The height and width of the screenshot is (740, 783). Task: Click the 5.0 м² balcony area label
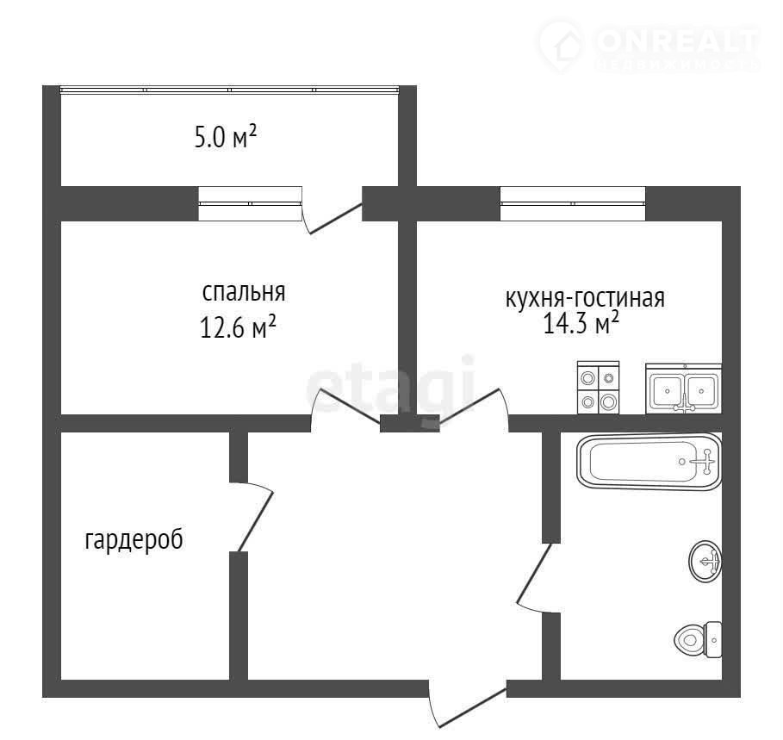click(x=225, y=136)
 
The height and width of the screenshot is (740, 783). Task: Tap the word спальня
click(x=244, y=293)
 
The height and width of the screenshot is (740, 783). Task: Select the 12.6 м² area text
click(x=239, y=327)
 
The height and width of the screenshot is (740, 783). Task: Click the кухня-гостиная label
click(x=585, y=298)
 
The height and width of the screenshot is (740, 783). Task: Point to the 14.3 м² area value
click(x=581, y=322)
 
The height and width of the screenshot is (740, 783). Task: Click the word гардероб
click(x=134, y=540)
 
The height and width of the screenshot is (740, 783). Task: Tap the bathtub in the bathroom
click(x=649, y=462)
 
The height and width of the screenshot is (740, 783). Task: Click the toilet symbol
click(x=698, y=639)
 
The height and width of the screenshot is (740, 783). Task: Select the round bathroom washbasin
click(x=705, y=561)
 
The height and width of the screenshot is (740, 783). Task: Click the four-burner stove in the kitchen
click(x=599, y=388)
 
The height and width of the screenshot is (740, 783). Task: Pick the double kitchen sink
click(x=684, y=389)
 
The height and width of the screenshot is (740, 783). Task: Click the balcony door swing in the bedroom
click(x=334, y=218)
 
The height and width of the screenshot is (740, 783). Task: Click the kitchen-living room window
click(x=573, y=203)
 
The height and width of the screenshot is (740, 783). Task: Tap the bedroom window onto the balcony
click(x=250, y=203)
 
